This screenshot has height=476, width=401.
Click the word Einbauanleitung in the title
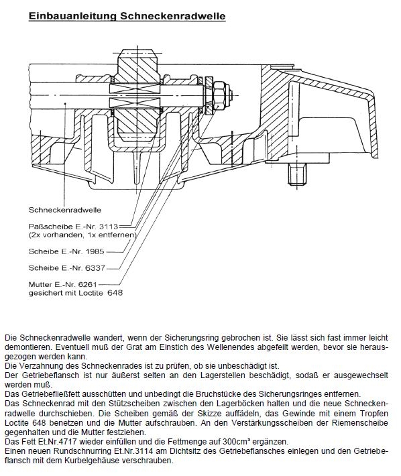coord(73,16)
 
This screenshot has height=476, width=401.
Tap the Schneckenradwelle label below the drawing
coord(65,210)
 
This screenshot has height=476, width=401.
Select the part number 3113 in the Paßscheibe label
coord(109,227)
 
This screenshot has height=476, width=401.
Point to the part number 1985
coord(95,251)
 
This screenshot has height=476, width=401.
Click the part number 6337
coord(96,268)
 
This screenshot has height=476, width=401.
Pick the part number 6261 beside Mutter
coord(87,284)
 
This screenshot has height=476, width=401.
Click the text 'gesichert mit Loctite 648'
coord(76,293)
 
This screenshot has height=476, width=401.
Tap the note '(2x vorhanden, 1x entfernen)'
coord(82,235)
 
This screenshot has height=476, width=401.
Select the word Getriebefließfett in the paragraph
coord(51,394)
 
